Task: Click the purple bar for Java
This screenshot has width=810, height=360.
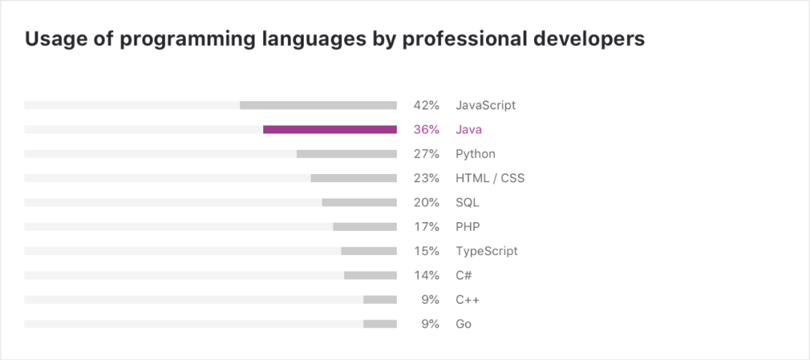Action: [x=330, y=130]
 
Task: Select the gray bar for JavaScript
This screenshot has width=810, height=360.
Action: [x=318, y=105]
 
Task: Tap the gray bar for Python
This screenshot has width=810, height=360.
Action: [x=346, y=154]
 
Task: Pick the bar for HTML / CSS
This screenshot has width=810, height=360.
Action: [x=353, y=178]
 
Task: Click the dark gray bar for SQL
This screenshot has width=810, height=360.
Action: [x=359, y=202]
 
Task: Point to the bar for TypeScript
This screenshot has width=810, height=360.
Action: [x=368, y=251]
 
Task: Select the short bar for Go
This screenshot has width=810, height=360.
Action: [x=379, y=324]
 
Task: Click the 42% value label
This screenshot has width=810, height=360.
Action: [x=426, y=105]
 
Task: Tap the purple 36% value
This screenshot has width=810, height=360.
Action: [x=426, y=130]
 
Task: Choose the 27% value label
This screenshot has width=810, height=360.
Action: [x=426, y=154]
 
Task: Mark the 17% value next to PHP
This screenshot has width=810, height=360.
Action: [x=426, y=226]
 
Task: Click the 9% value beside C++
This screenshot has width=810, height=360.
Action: [x=430, y=300]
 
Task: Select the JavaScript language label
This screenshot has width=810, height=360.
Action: [x=485, y=105]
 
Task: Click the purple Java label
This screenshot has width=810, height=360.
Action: [x=469, y=130]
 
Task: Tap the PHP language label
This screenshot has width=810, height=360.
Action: [x=468, y=226]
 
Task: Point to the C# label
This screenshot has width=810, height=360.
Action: [x=463, y=275]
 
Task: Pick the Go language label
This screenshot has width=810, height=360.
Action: [x=463, y=324]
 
